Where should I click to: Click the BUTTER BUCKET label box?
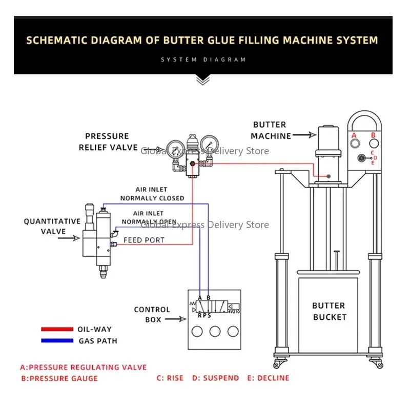[329, 311]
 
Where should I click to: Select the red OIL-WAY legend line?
[57, 329]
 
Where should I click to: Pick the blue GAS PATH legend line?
[57, 340]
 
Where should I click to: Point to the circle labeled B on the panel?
[374, 144]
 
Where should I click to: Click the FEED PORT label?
[144, 240]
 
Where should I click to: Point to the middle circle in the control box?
[215, 331]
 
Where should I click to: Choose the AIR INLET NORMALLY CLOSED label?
[152, 194]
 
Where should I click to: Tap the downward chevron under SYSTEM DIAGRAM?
[203, 79]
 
